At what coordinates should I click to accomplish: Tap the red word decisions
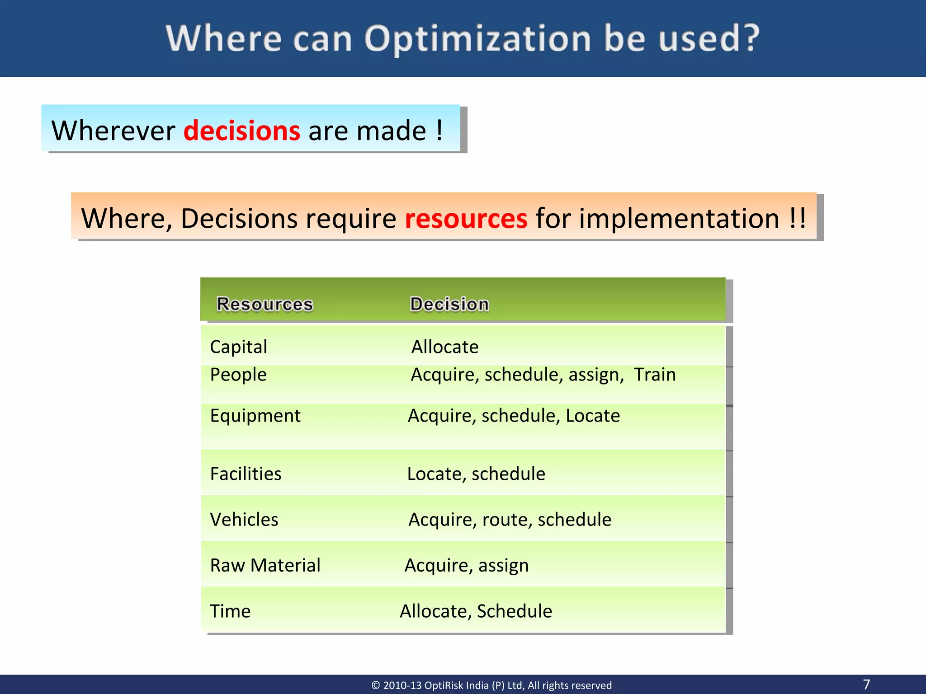242,131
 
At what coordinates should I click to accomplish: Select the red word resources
466,219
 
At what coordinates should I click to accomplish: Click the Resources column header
265,304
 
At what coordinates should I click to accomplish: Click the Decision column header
449,304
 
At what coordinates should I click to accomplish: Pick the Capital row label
238,347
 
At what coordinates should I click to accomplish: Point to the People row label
238,375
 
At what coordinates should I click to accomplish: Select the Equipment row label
255,416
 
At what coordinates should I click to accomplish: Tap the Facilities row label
246,474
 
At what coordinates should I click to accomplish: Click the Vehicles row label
244,520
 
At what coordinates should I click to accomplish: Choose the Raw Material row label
265,565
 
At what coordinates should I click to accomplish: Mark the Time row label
230,611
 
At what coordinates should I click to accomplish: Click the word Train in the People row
654,375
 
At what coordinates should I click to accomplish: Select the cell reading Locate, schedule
476,474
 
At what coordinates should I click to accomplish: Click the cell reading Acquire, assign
466,566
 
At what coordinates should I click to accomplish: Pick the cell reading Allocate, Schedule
476,611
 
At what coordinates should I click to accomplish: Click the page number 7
866,684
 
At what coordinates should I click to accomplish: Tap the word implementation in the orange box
679,219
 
